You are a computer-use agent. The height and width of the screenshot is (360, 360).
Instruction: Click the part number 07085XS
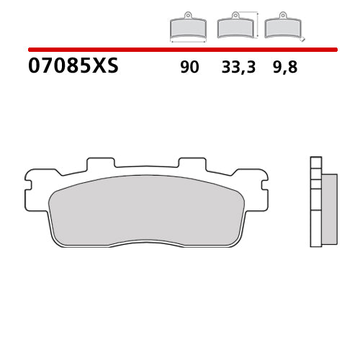73,68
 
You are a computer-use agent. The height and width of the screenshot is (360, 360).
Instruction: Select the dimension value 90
189,68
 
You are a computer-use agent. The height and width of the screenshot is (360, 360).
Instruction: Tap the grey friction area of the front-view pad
148,209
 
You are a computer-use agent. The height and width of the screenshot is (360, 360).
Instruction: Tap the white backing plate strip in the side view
315,202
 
